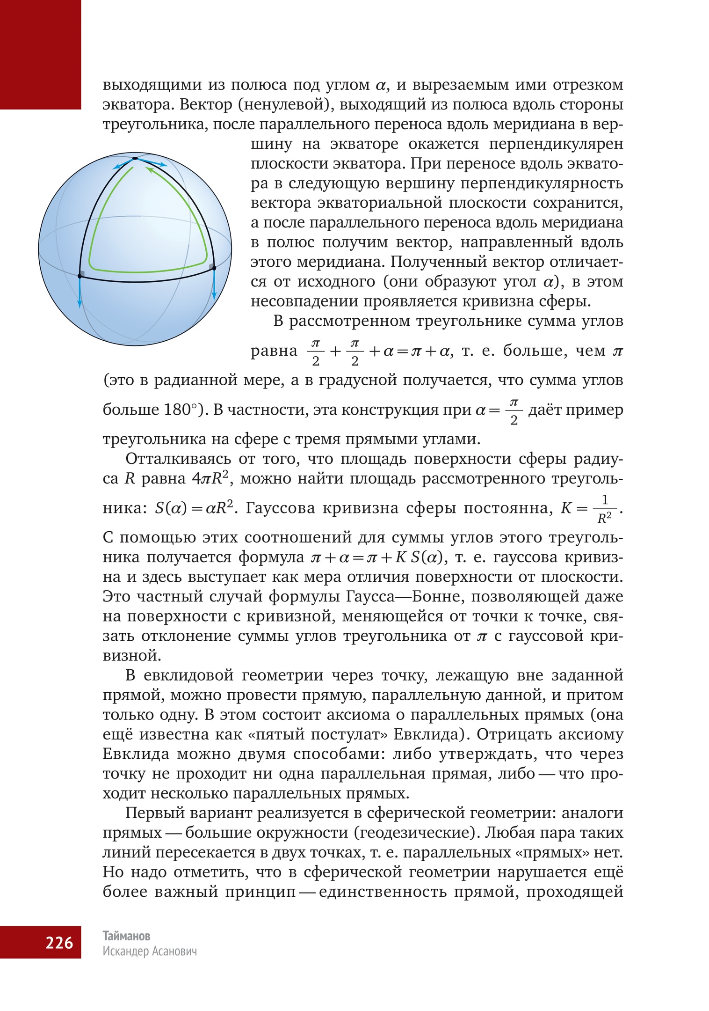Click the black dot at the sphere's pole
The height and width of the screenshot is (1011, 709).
(135, 159)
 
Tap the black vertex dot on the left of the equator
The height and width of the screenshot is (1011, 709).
(80, 276)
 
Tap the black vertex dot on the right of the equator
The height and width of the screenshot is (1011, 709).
(213, 268)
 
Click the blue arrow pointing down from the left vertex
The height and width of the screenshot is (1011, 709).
(80, 293)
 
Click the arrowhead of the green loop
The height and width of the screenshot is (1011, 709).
(149, 169)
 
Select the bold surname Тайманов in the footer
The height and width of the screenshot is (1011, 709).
(126, 936)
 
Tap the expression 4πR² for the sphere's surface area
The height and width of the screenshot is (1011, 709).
(213, 479)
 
